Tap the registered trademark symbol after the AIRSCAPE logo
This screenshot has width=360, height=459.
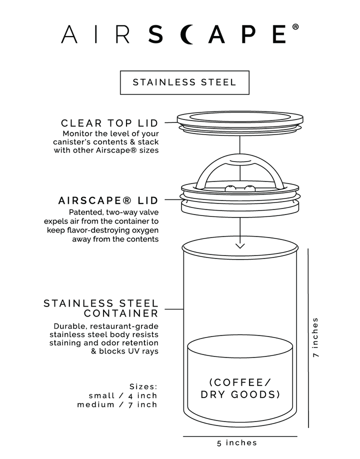pos(295,27)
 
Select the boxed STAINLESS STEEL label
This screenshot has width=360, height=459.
pos(184,82)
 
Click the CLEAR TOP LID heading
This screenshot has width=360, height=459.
pos(109,123)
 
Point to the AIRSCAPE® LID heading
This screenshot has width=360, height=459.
pos(108,200)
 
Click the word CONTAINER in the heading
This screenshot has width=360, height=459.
pos(121,313)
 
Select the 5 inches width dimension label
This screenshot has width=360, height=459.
pos(237,442)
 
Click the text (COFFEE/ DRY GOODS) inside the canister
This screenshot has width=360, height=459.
pos(239,388)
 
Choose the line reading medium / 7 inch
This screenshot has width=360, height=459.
pos(117,404)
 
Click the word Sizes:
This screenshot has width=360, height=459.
pos(143,386)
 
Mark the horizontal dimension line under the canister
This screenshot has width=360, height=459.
pos(239,436)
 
